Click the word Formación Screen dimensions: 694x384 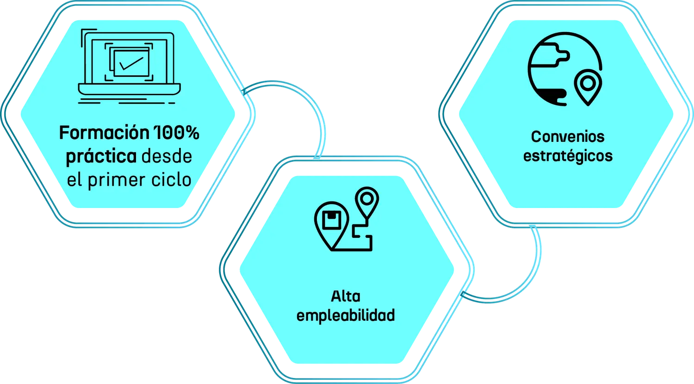point(104,133)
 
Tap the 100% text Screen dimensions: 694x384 point(177,133)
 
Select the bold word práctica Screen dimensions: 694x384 point(101,157)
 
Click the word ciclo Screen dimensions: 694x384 point(171,179)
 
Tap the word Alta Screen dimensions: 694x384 point(346,296)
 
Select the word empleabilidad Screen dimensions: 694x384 point(346,316)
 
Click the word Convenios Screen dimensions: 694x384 point(568,136)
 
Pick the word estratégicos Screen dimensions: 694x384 point(568,156)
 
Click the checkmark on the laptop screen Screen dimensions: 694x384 point(131,63)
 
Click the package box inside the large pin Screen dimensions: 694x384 point(332,220)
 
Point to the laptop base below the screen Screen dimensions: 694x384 point(129,89)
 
